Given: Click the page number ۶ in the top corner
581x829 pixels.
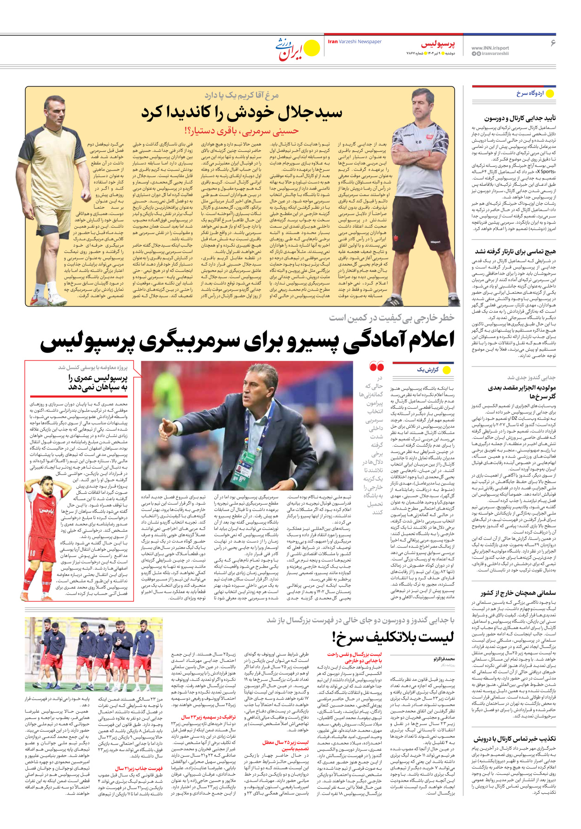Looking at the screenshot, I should click(553, 43).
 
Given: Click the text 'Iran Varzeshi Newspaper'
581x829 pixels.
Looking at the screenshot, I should click(355, 42).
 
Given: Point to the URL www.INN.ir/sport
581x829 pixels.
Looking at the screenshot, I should click(490, 48).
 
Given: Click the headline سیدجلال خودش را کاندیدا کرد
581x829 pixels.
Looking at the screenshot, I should click(242, 112).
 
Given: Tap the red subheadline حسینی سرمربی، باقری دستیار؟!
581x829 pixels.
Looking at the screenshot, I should click(242, 131).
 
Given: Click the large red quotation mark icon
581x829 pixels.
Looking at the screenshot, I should click(376, 367).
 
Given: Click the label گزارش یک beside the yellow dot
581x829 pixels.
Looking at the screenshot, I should click(428, 370).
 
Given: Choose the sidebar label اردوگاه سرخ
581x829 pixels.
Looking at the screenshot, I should click(530, 93).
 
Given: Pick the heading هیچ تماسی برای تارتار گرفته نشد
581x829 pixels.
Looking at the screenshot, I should click(515, 251).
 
